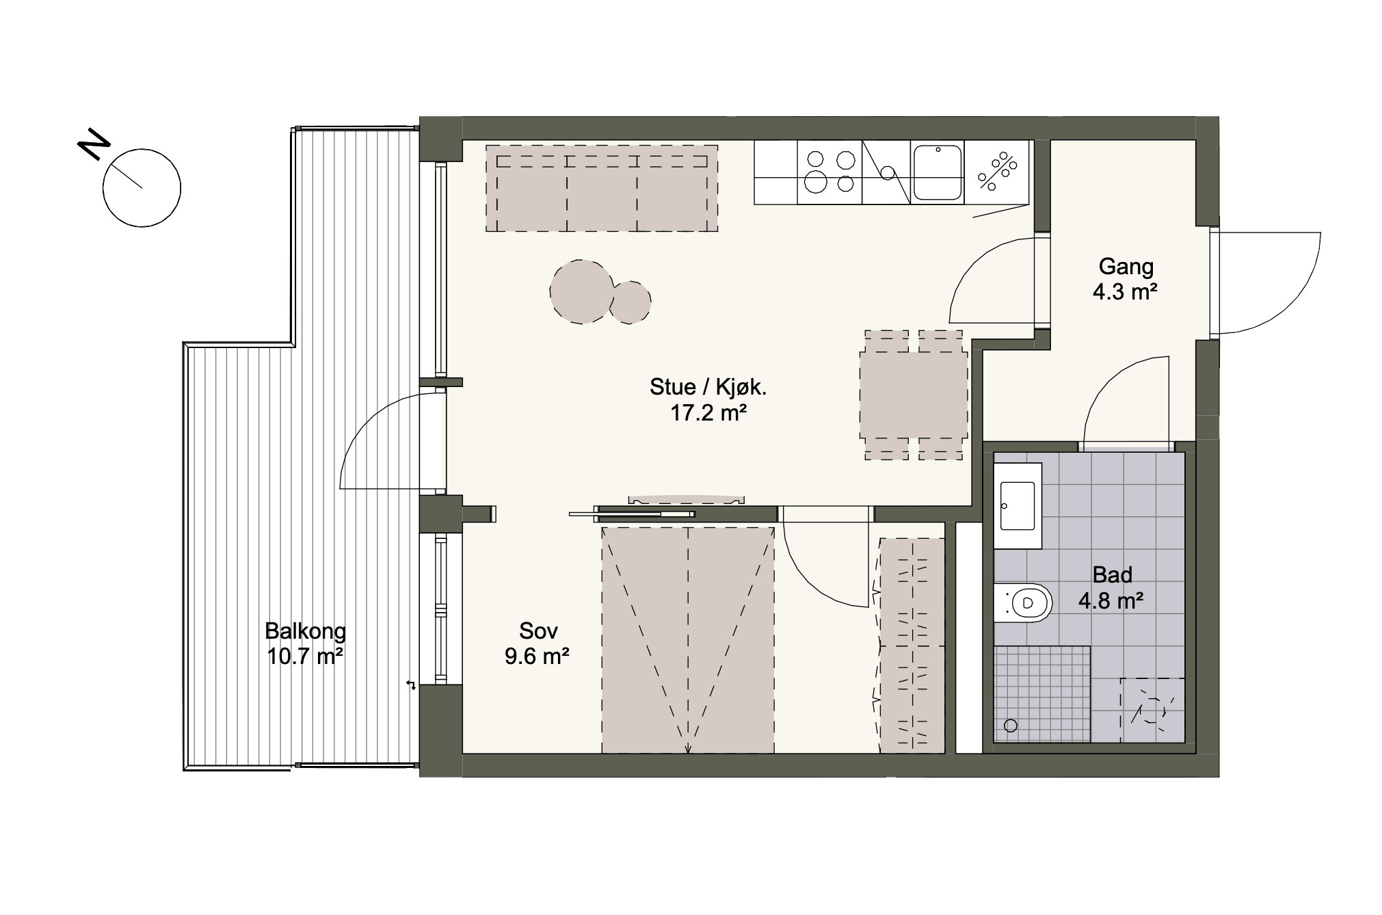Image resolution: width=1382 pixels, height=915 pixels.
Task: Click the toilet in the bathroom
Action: point(1023,602)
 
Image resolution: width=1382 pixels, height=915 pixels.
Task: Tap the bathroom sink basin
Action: point(1018,505)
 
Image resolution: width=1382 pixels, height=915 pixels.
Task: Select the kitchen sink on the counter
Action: point(938,172)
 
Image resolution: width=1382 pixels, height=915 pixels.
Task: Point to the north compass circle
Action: point(142,187)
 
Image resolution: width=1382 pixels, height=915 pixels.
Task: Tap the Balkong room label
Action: point(306,630)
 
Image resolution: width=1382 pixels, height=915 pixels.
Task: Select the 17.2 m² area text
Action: point(708,414)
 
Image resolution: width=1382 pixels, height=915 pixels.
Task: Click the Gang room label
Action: point(1126,267)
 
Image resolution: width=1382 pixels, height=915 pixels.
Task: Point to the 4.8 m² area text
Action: point(1112,601)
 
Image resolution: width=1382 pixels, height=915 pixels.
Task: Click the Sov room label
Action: point(538,631)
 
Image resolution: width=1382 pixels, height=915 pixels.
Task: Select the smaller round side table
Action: point(630,302)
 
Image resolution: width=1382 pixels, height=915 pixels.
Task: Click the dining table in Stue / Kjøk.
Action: point(914,395)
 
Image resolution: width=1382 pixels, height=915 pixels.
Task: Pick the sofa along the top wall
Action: point(602,188)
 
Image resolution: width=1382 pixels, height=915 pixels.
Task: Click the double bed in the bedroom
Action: point(688,640)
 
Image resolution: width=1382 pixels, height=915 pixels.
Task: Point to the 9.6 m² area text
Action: point(537,657)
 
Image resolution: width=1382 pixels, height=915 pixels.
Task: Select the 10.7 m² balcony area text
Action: point(305,657)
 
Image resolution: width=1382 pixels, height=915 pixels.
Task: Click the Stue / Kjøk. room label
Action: point(708,388)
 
